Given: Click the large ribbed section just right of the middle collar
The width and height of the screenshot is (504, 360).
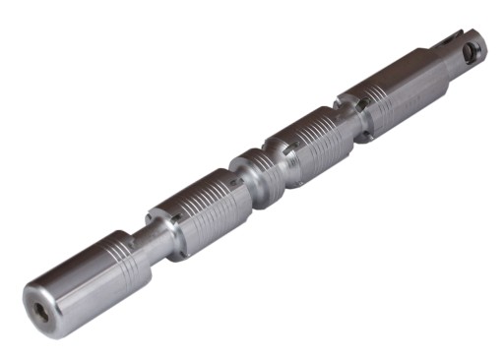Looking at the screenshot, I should [x=315, y=143].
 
